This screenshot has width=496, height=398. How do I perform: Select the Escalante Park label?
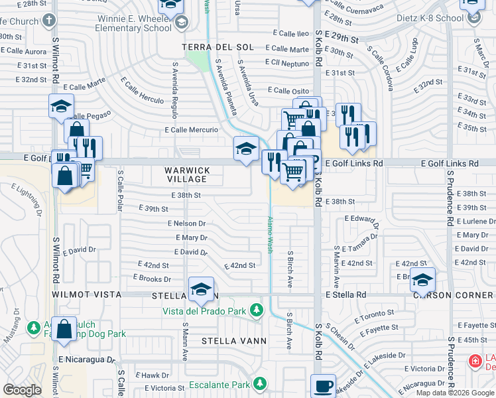219,385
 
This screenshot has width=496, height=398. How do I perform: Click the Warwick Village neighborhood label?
188,175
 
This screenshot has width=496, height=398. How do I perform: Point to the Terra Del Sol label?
218,48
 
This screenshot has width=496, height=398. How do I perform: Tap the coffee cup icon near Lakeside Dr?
323,386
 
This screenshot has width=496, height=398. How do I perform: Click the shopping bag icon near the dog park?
64,330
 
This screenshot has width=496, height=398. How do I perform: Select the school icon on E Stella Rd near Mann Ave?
201,289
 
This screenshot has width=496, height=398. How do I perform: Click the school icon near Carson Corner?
422,281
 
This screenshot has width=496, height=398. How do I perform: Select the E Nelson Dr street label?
187,224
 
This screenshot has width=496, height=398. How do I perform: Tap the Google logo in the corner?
22,390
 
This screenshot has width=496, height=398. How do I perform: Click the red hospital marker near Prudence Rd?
475,362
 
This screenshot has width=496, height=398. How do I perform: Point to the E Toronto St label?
375,314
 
